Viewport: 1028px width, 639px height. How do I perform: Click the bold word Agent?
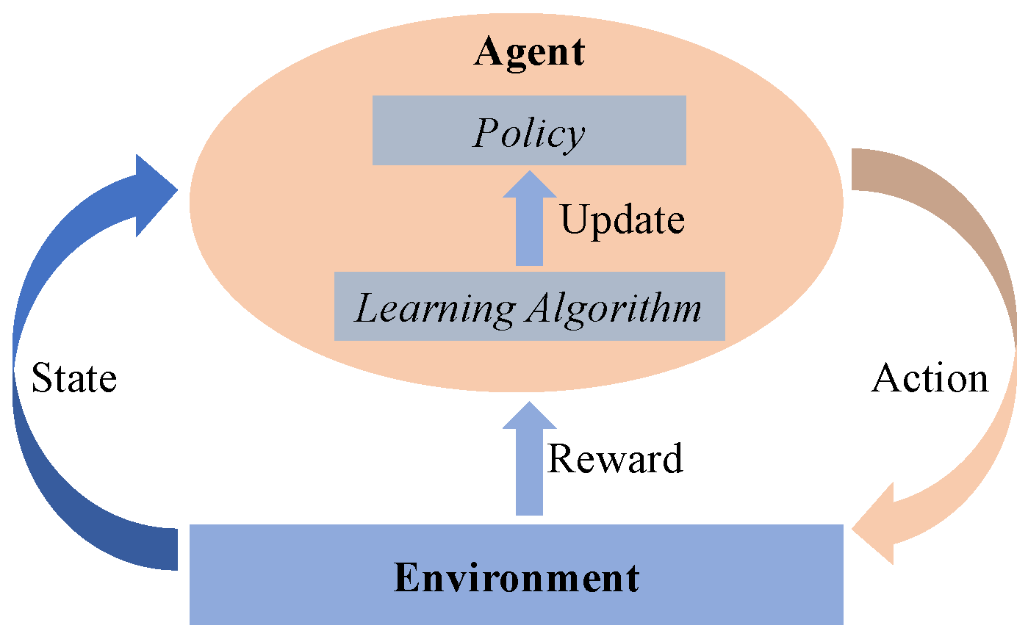point(529,52)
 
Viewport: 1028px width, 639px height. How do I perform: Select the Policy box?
point(529,130)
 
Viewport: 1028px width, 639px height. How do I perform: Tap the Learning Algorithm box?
point(529,306)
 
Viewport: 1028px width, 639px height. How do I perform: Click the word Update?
point(622,220)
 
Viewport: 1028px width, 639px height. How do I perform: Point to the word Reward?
point(615,458)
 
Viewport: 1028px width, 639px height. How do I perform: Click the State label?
point(74,378)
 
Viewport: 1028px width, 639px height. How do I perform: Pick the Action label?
point(930,378)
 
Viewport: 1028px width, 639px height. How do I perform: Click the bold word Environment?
point(517,577)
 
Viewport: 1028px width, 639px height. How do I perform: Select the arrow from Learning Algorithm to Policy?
point(529,218)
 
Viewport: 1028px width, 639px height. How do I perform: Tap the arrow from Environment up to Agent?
point(529,458)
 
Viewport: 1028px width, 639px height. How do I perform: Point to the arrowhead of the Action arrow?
point(878,525)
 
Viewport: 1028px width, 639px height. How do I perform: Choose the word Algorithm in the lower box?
point(614,308)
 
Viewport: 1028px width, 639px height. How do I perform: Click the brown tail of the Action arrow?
point(871,170)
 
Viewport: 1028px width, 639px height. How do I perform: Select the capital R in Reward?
point(560,459)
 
